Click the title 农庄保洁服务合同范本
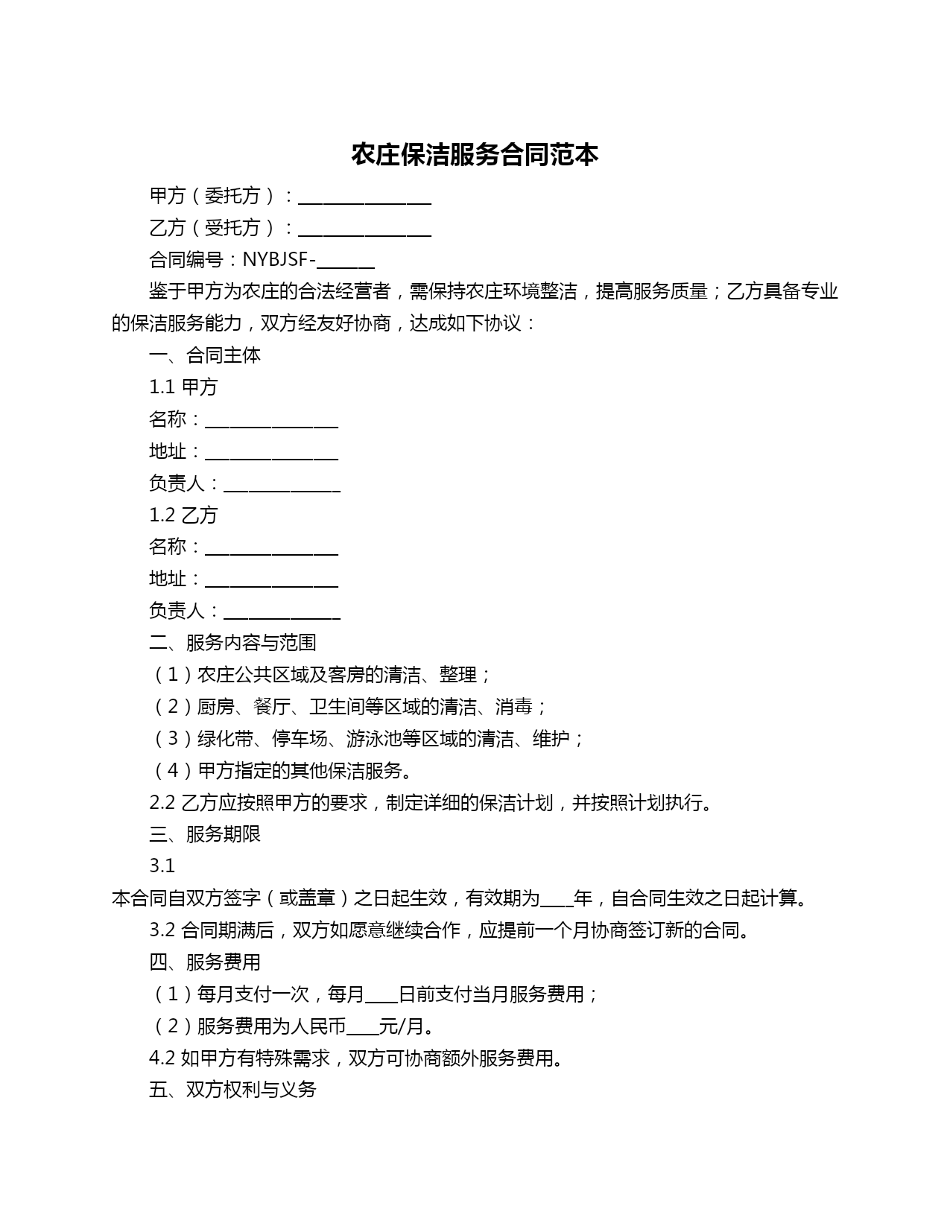click(x=475, y=155)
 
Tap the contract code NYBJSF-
click(x=279, y=260)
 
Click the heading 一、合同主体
click(x=205, y=355)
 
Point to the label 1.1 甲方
click(x=183, y=387)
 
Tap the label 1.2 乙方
click(x=183, y=515)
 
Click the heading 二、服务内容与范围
click(x=232, y=643)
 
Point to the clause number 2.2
click(x=162, y=803)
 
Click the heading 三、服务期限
click(x=205, y=834)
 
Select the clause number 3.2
click(x=162, y=930)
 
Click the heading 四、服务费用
click(x=205, y=962)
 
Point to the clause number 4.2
click(x=162, y=1058)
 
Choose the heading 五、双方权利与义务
click(x=232, y=1090)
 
